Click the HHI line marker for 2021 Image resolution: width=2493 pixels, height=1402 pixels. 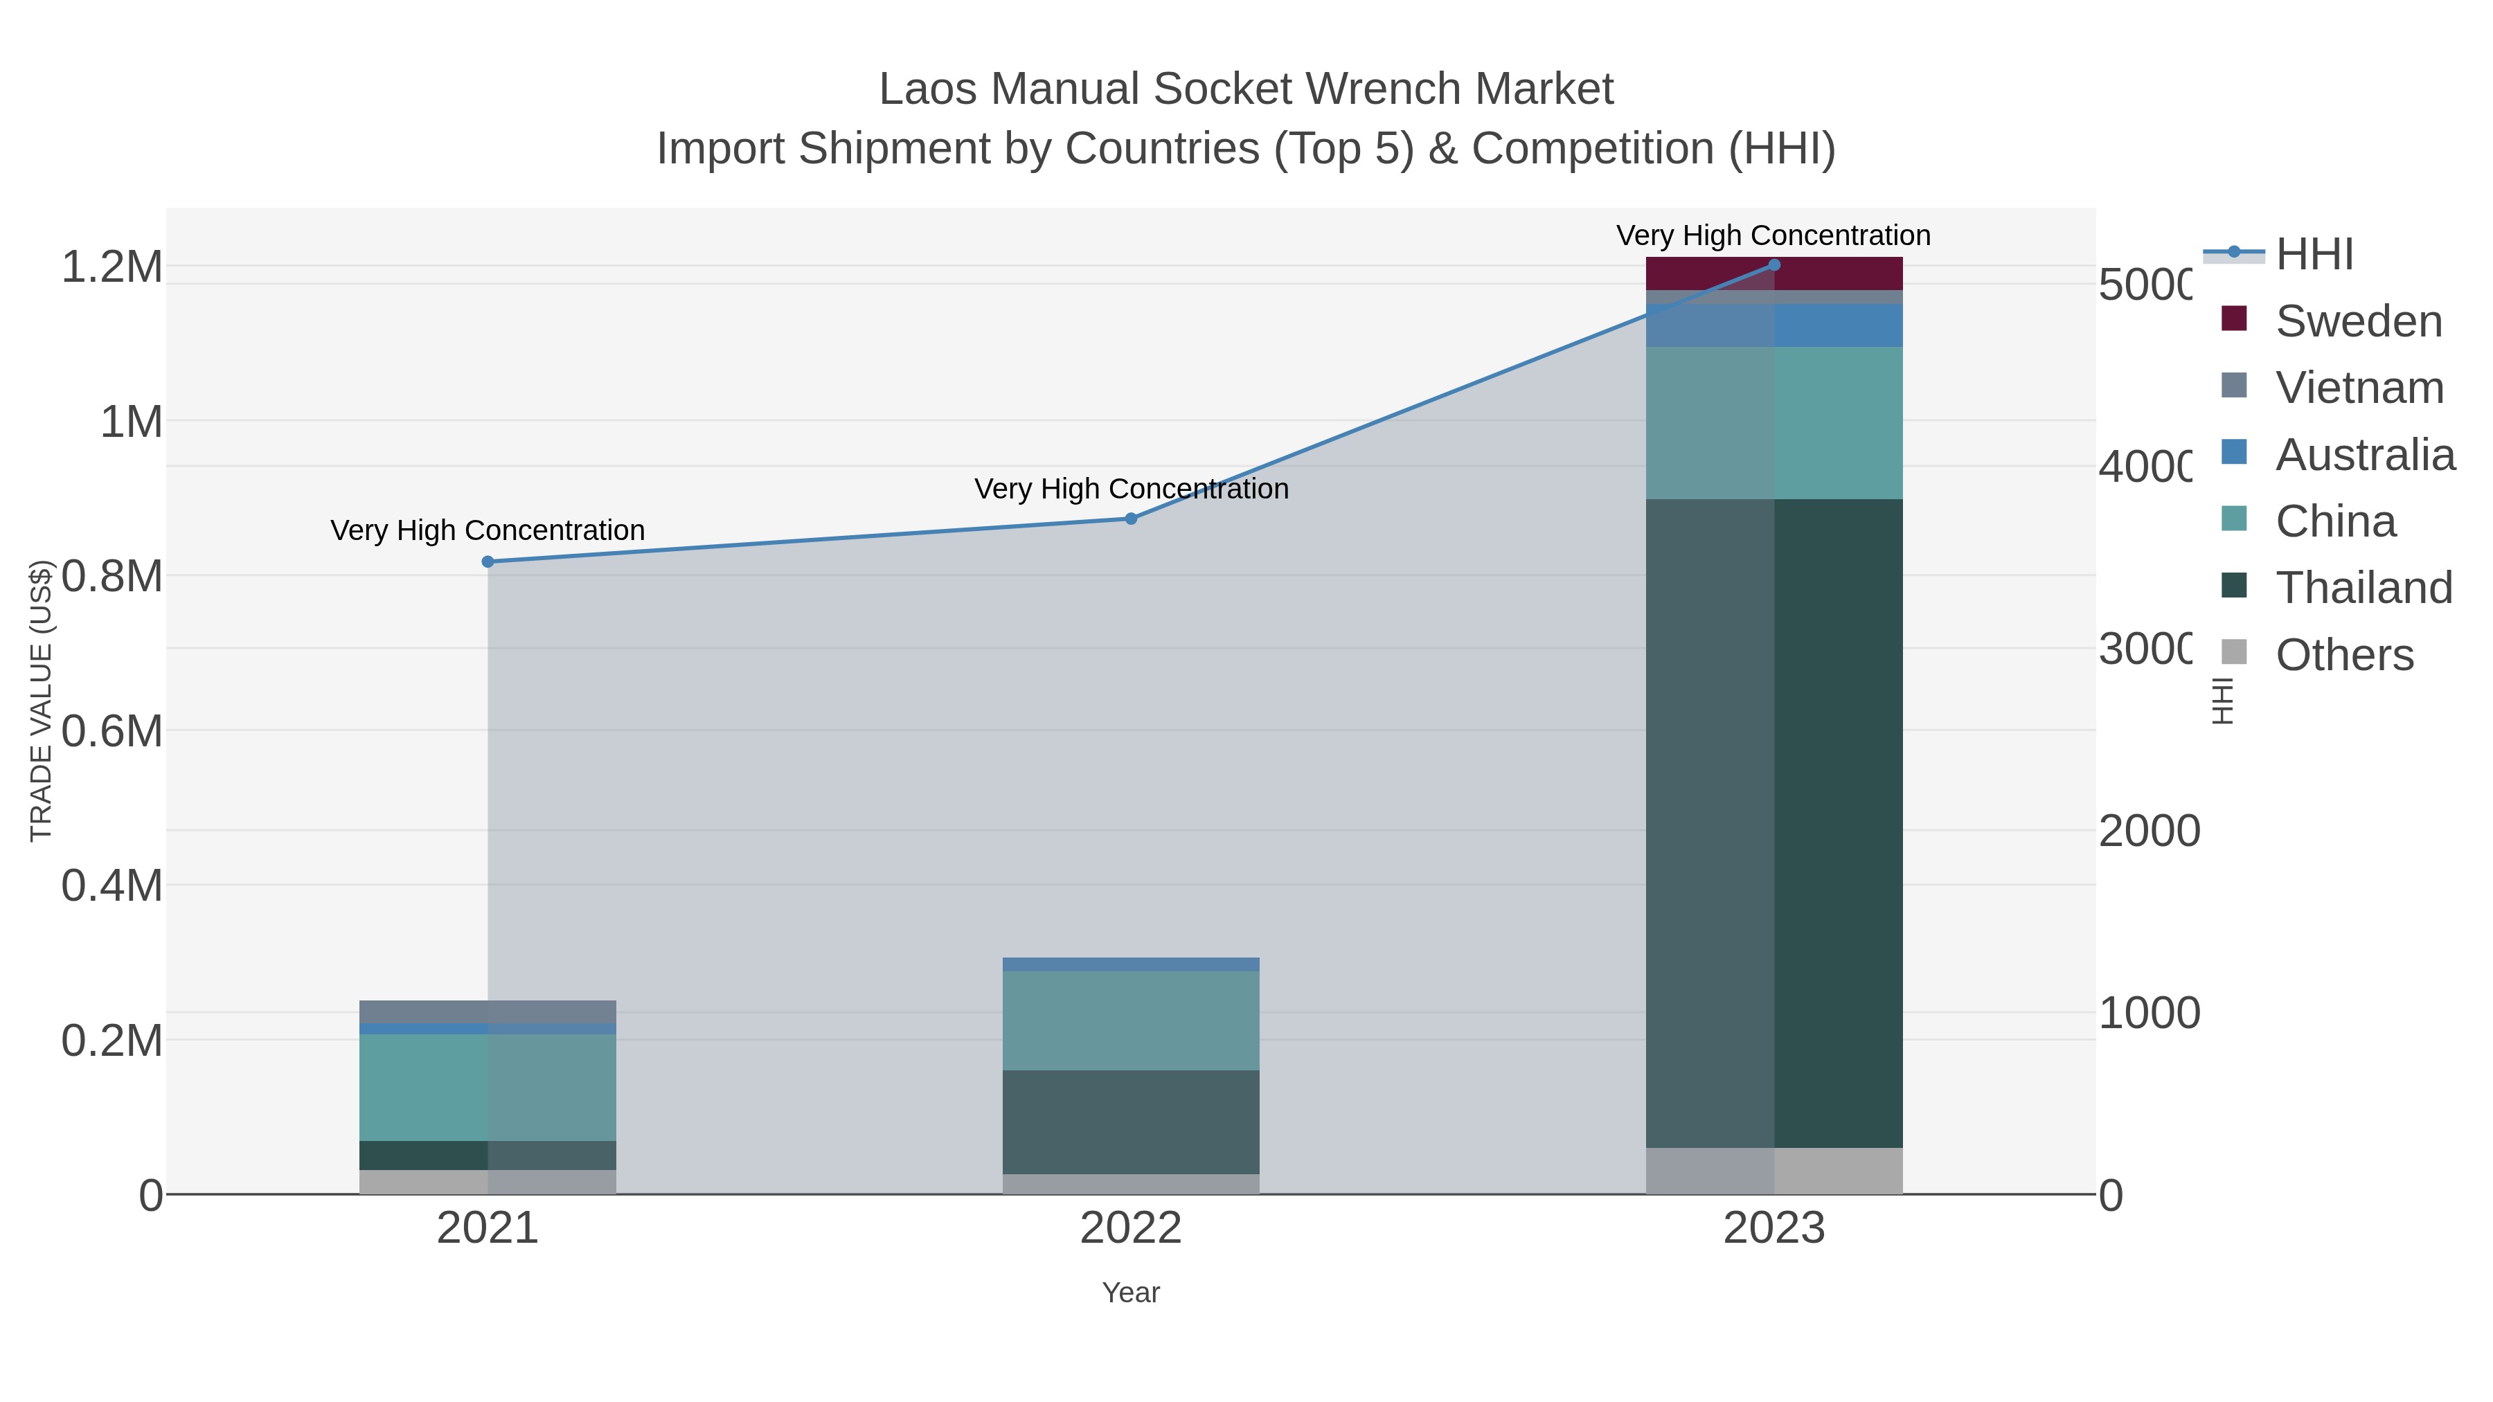488,561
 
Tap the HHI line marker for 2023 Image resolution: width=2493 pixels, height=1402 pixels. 1774,265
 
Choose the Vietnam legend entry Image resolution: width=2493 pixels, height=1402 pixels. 2359,388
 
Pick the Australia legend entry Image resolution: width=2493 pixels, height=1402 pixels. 2364,455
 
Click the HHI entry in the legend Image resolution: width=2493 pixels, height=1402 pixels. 2314,255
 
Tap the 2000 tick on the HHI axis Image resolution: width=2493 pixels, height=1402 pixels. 2148,831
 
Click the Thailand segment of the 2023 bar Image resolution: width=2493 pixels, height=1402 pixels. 1774,823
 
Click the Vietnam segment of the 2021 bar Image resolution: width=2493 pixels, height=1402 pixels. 488,1011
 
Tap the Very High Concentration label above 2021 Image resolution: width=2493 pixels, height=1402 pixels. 488,530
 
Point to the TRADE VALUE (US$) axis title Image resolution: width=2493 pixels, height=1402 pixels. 41,701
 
